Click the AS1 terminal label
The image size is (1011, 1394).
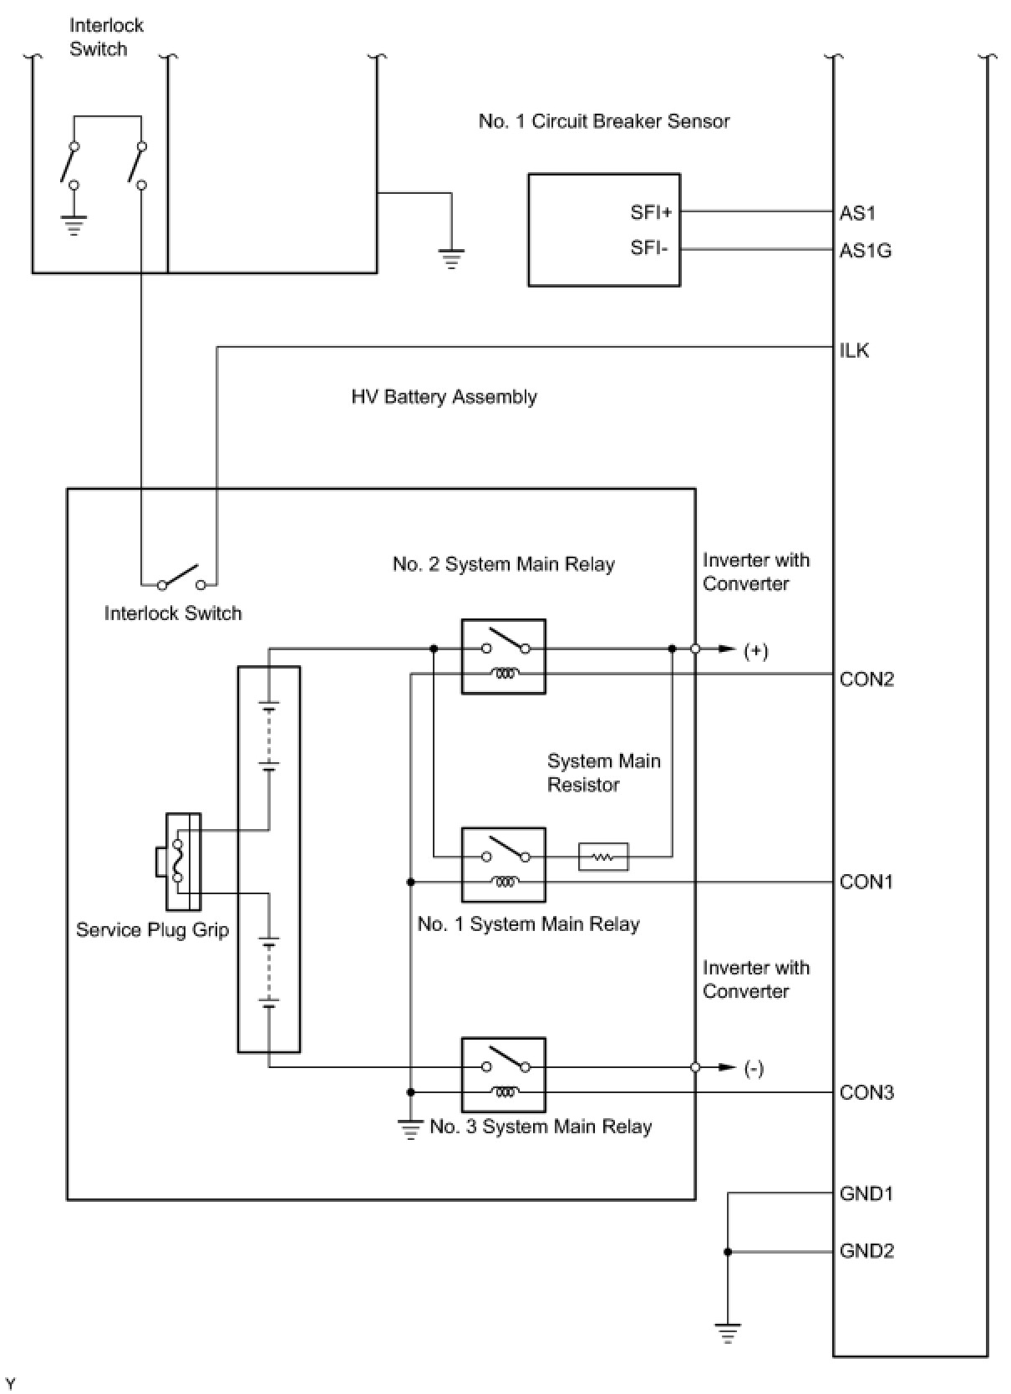[x=857, y=213]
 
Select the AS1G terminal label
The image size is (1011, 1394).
[x=866, y=250]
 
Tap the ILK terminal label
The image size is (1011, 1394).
[x=854, y=350]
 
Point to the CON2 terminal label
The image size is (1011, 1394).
[x=866, y=679]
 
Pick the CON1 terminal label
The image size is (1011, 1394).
[x=866, y=881]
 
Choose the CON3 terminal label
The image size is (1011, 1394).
[x=866, y=1092]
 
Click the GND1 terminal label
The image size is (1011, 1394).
[x=866, y=1193]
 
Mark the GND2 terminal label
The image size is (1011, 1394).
[x=866, y=1250]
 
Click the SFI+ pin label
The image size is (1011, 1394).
[x=651, y=212]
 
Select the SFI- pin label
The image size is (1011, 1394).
[x=649, y=247]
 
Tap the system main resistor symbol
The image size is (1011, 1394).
[x=603, y=857]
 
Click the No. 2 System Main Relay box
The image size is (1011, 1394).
[x=503, y=656]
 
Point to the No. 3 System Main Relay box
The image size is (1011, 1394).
[x=503, y=1075]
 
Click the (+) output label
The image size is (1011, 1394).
[x=756, y=651]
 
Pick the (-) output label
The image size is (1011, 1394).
[x=754, y=1069]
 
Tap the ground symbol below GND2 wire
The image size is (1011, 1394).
[x=728, y=1333]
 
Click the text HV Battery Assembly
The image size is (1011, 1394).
[x=445, y=396]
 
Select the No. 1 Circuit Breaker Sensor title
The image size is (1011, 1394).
[x=604, y=120]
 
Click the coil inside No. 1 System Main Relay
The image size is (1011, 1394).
[x=505, y=881]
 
